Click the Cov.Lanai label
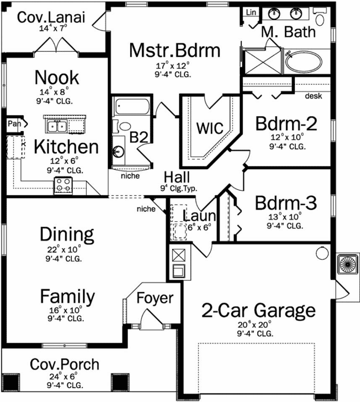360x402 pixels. (x=52, y=17)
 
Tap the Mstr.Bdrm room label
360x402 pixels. (x=174, y=51)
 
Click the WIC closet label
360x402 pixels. (x=209, y=128)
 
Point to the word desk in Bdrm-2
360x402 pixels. (x=313, y=96)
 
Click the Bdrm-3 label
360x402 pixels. (x=285, y=203)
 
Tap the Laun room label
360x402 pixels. (x=199, y=216)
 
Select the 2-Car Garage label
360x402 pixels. (x=258, y=310)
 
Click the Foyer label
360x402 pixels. (x=155, y=298)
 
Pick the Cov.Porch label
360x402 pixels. (x=64, y=364)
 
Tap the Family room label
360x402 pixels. (x=67, y=296)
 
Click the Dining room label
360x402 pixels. (x=67, y=234)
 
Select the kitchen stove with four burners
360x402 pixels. (x=63, y=185)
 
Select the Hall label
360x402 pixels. (x=176, y=177)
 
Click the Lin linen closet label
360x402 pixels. (x=250, y=11)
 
